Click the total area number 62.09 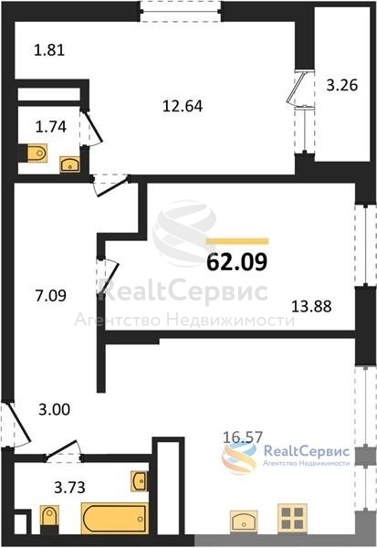pyautogui.click(x=237, y=262)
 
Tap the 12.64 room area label pyautogui.click(x=183, y=106)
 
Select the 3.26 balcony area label pyautogui.click(x=342, y=85)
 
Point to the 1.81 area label pyautogui.click(x=49, y=50)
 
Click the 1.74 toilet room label pyautogui.click(x=51, y=127)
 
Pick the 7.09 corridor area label pyautogui.click(x=51, y=296)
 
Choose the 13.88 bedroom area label pyautogui.click(x=311, y=307)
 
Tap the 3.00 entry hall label pyautogui.click(x=54, y=409)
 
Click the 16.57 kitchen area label pyautogui.click(x=243, y=437)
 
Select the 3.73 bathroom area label pyautogui.click(x=69, y=487)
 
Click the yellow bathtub pyautogui.click(x=115, y=518)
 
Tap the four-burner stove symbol pyautogui.click(x=292, y=518)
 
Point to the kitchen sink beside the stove pyautogui.click(x=244, y=522)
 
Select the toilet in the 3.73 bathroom pyautogui.click(x=48, y=520)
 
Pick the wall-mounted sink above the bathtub pyautogui.click(x=139, y=481)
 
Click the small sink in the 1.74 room pyautogui.click(x=70, y=164)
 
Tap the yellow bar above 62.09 pyautogui.click(x=237, y=241)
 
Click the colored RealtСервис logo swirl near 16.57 pyautogui.click(x=238, y=457)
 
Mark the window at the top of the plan pyautogui.click(x=181, y=11)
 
